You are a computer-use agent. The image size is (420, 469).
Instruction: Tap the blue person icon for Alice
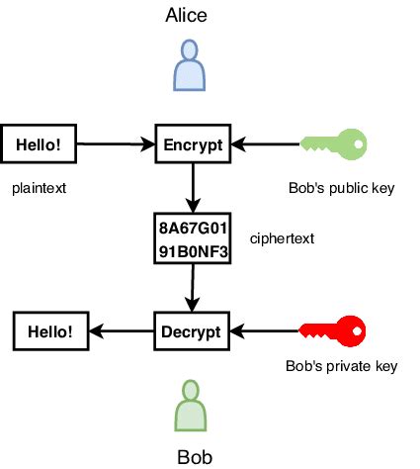pos(188,67)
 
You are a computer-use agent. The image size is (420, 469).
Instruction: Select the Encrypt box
pos(193,145)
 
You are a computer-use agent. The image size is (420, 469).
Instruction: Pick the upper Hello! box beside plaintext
pos(39,145)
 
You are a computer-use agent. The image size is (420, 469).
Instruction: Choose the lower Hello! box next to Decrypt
pos(49,330)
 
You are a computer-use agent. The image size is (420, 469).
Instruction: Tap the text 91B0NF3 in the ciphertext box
pos(194,251)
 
